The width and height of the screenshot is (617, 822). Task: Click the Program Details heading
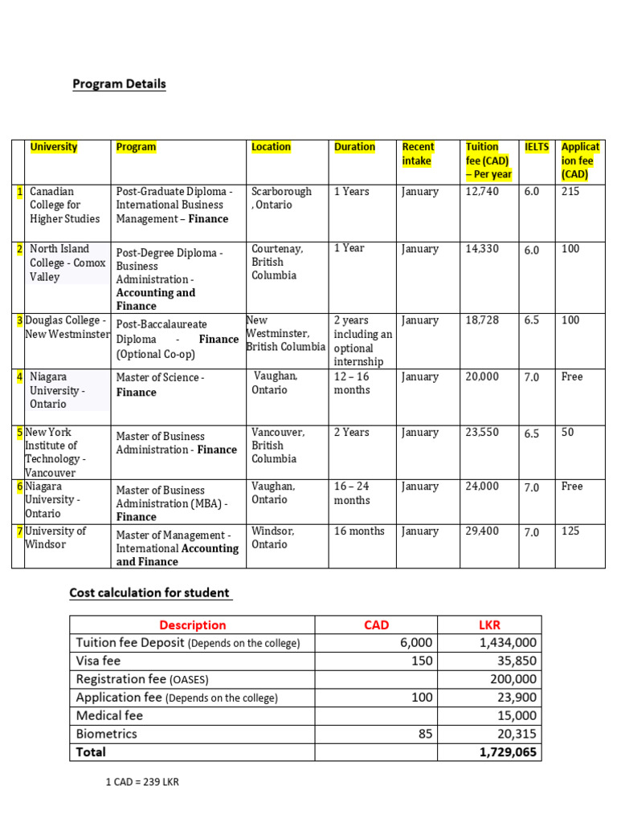coord(119,83)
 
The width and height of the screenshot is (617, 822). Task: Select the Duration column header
coord(354,147)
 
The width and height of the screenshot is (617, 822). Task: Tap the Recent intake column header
coord(418,153)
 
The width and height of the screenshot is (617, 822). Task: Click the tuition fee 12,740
coord(482,192)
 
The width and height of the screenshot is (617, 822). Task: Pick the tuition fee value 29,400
coord(482,531)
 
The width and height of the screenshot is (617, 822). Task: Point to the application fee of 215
coord(570,192)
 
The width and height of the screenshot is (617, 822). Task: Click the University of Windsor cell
coord(56,538)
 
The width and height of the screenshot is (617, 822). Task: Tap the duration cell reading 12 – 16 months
coord(352,383)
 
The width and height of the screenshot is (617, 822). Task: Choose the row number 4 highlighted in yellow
coord(18,376)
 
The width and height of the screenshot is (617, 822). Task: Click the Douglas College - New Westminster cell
coord(67,327)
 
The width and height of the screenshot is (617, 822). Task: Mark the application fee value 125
coord(570,531)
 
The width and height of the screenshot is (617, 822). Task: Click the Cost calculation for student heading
coord(150,593)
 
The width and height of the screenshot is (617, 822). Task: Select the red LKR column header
coord(488,625)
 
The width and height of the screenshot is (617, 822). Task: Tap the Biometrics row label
coord(106,734)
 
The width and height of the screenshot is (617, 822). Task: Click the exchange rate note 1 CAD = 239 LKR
coord(142,782)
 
